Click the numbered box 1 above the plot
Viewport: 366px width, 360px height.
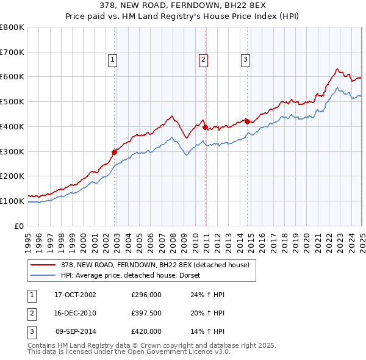113,59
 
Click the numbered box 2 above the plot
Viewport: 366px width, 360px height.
203,59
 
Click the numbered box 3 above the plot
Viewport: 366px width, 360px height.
245,59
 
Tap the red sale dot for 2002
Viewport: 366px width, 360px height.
115,152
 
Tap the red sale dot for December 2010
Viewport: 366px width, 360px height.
206,127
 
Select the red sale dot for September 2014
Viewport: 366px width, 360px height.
247,121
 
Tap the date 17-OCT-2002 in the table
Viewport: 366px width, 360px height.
75,295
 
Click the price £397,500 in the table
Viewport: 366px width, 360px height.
146,313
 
